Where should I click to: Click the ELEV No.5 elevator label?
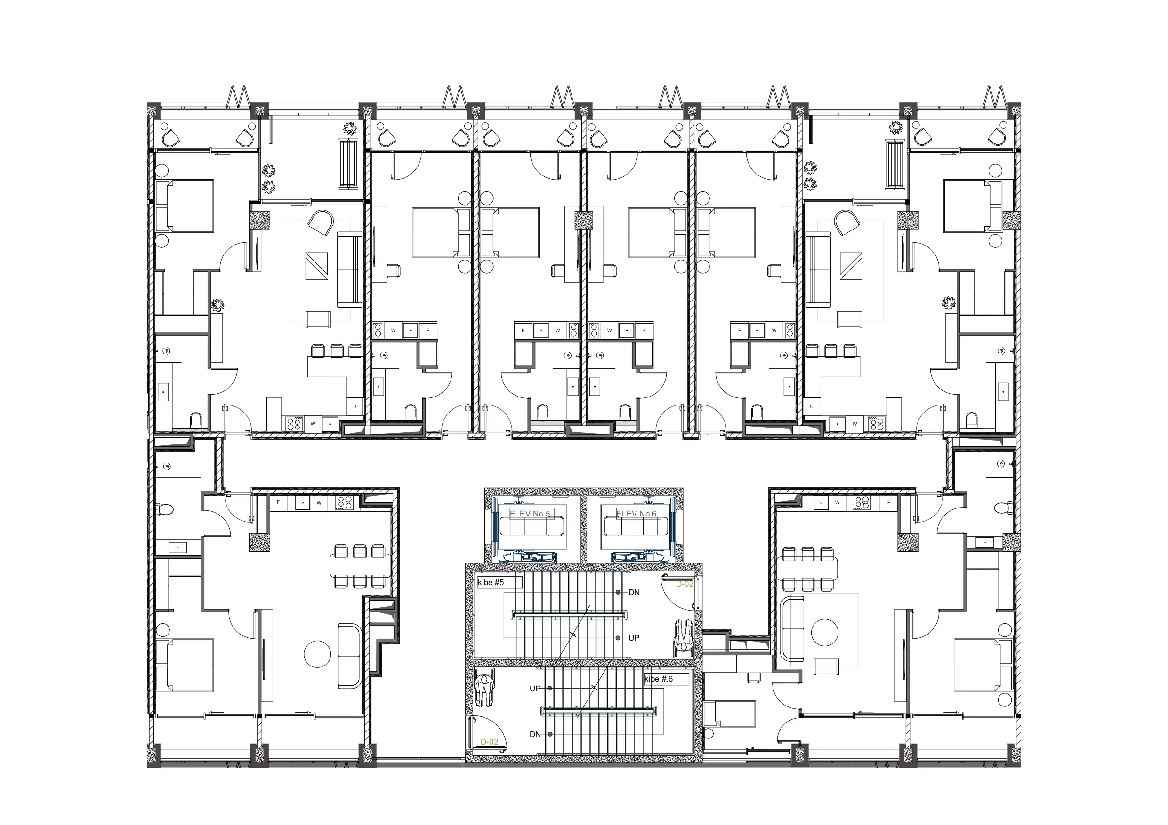[x=530, y=514]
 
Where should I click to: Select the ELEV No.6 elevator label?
[x=636, y=514]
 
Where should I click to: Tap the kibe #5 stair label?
[x=491, y=582]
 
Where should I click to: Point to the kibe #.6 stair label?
[x=659, y=679]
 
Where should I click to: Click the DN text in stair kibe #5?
[x=634, y=592]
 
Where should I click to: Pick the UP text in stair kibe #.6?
[x=535, y=689]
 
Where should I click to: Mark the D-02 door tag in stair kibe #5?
[x=684, y=584]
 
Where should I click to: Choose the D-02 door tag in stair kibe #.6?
[x=490, y=742]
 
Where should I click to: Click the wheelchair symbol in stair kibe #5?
[x=684, y=635]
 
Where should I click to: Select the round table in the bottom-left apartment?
[x=317, y=654]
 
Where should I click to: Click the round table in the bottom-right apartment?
[x=824, y=632]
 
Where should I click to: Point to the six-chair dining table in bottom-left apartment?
[x=361, y=566]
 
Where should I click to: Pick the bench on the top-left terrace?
[x=349, y=164]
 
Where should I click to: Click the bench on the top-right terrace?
[x=895, y=164]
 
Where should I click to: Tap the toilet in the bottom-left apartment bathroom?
[x=165, y=509]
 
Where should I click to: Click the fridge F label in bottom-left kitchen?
[x=278, y=503]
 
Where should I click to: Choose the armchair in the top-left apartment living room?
[x=321, y=222]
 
